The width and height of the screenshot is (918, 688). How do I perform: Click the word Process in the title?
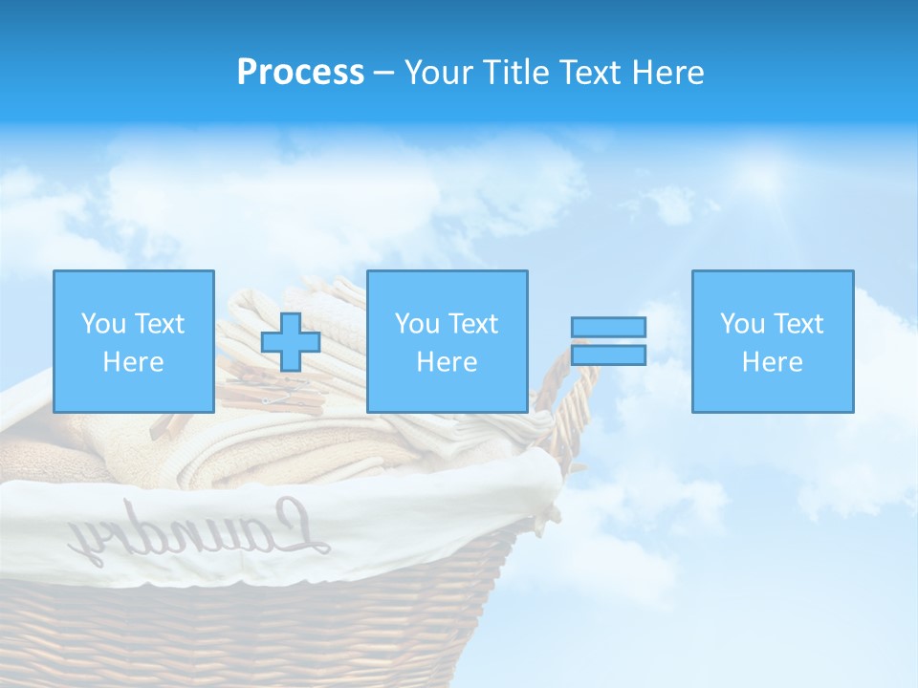tap(300, 73)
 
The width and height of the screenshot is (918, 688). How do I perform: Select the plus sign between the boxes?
tap(290, 342)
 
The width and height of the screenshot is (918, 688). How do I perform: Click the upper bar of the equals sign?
tap(608, 327)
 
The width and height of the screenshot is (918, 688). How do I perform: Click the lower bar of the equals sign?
tap(608, 355)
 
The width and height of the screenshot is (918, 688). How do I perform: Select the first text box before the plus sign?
tap(133, 341)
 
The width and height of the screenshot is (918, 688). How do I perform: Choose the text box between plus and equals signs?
tap(447, 341)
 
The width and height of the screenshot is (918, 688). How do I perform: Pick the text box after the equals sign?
tap(772, 341)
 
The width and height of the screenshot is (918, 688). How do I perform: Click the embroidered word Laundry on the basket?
tap(201, 534)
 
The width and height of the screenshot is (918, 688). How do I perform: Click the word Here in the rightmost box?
tap(772, 362)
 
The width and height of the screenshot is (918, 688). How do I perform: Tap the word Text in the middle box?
tap(472, 324)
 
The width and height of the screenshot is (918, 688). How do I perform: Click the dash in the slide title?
tap(383, 74)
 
